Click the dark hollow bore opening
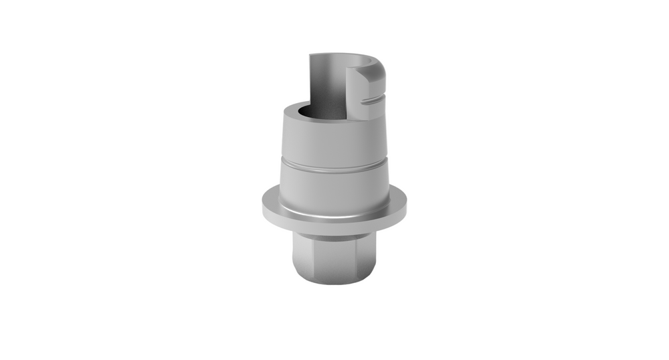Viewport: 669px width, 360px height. (314, 114)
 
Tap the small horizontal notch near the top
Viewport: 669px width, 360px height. (374, 102)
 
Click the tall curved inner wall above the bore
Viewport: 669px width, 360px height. (328, 80)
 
